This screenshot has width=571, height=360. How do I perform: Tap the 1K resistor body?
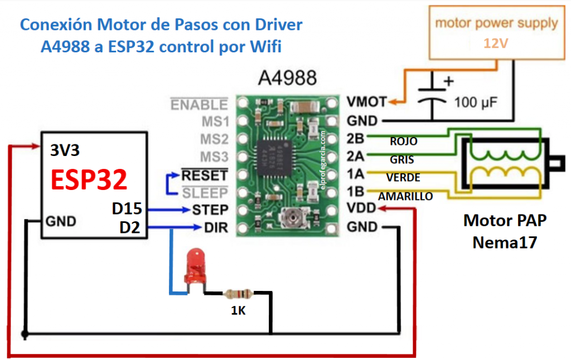pos(238,293)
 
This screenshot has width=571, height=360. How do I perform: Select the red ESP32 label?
pos(89,180)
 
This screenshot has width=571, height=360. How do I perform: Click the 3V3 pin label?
pos(65,150)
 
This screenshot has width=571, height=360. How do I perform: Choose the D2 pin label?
pos(131,227)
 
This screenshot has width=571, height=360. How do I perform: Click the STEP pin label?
pos(210,210)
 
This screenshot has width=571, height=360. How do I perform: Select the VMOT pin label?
pos(366,102)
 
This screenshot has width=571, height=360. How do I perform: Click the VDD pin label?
pos(361,209)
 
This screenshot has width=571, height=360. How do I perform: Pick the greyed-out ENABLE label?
pos(199,105)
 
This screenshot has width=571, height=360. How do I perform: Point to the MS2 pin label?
pos(215,139)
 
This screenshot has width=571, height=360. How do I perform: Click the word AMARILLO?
pos(405,197)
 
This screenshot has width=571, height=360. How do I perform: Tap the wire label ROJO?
pos(403,142)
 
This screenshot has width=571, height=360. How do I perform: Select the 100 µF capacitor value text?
pos(476,103)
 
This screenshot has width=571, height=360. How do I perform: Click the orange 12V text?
pos(496,43)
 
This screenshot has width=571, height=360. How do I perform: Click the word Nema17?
pos(505,242)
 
